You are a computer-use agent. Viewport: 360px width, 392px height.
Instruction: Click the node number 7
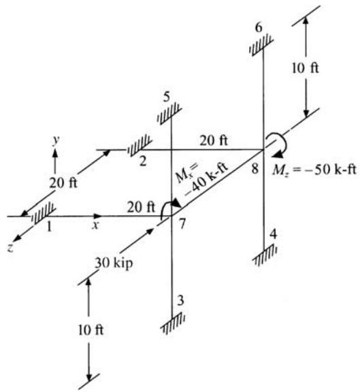click(182, 223)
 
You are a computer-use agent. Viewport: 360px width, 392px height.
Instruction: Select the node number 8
click(255, 169)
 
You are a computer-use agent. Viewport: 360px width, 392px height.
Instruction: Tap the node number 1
click(49, 227)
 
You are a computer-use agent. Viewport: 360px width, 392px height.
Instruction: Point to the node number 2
click(143, 161)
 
